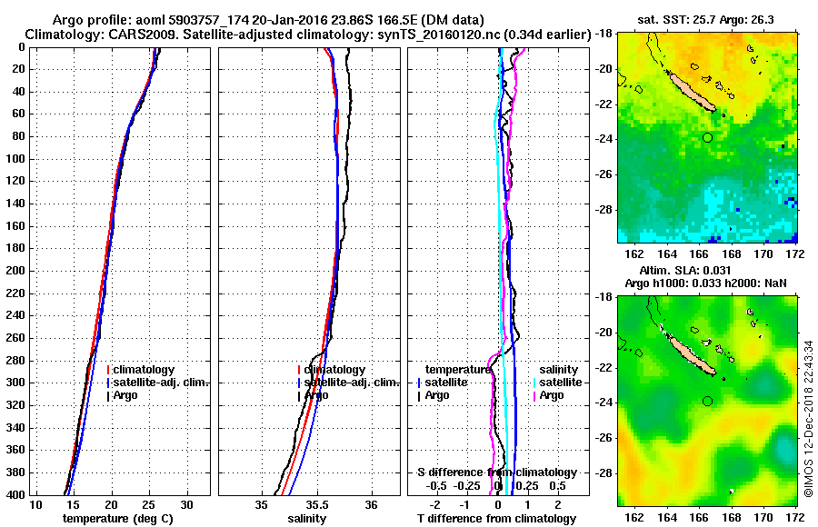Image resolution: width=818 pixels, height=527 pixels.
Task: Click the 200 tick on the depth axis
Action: [16, 271]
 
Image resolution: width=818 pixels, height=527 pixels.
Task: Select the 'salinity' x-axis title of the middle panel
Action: [309, 519]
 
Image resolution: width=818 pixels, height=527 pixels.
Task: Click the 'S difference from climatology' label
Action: [497, 472]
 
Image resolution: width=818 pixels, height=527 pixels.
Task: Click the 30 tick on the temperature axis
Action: [186, 504]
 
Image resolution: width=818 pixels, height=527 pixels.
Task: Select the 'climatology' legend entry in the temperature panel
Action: [144, 370]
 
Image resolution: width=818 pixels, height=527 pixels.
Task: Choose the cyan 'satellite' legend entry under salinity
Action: [552, 383]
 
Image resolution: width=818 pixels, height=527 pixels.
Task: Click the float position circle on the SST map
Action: [707, 137]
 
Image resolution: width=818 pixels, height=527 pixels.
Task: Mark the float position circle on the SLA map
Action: [707, 401]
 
